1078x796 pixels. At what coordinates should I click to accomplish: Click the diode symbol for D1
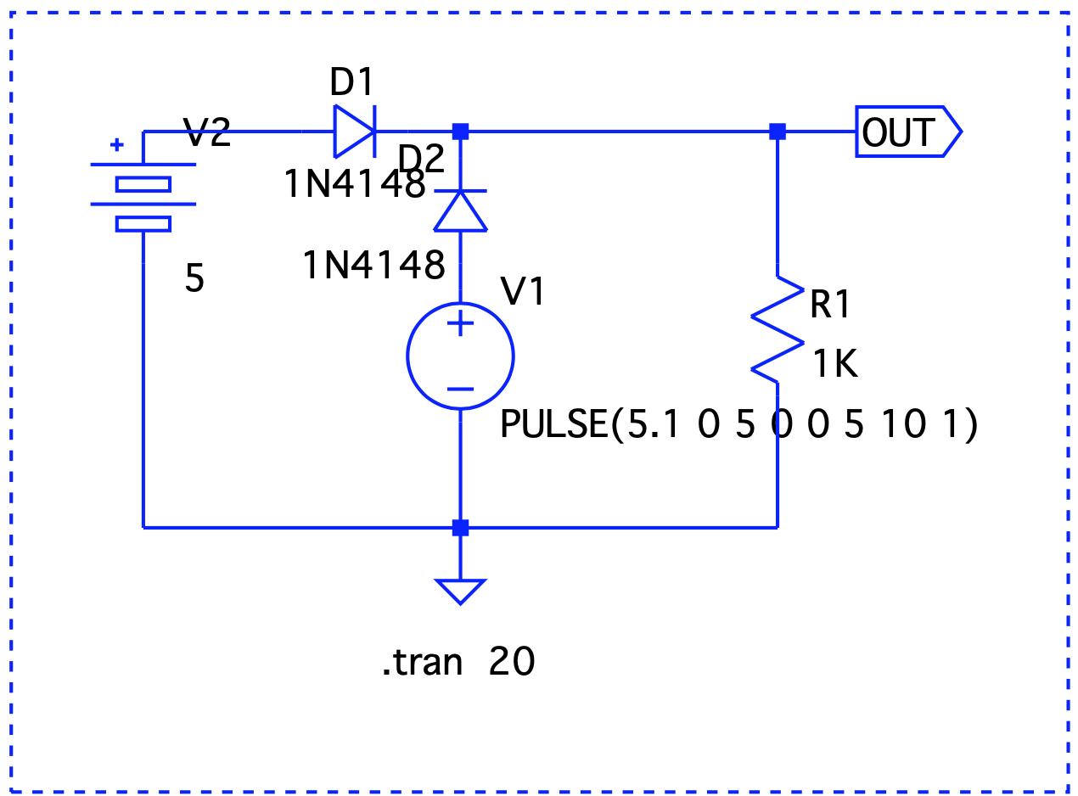[354, 132]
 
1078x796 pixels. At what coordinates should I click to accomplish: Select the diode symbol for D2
[460, 211]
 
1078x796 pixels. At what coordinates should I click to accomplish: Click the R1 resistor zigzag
[778, 329]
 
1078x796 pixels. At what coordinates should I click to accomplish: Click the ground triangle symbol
[460, 591]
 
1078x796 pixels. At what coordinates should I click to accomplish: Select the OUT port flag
[908, 132]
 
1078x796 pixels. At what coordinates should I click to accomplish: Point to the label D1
[351, 81]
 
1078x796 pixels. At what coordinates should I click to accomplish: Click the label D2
[421, 159]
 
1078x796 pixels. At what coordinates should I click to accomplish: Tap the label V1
[523, 291]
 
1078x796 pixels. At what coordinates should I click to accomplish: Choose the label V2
[206, 132]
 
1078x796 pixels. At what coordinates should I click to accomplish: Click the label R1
[829, 304]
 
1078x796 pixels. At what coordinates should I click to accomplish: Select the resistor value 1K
[835, 363]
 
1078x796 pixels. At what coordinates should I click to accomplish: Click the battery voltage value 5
[194, 277]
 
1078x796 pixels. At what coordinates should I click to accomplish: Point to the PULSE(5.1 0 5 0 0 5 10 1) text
[738, 423]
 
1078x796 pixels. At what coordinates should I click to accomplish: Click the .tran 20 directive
[458, 661]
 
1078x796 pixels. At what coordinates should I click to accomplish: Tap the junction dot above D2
[460, 132]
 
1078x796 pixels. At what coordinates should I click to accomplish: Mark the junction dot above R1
[778, 132]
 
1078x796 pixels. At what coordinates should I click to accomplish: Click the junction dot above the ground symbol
[460, 527]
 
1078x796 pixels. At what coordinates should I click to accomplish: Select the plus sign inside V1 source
[460, 322]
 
